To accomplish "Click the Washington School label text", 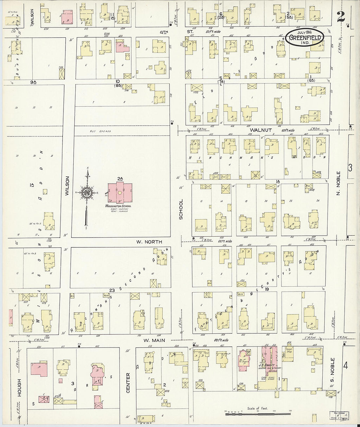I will click(118, 206).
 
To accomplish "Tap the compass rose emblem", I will click(87, 192).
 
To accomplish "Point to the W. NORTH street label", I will click(149, 242).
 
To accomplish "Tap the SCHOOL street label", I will click(181, 209).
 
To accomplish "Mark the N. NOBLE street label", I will click(339, 183).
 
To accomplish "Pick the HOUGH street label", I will click(19, 388).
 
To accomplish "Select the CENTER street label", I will click(128, 383).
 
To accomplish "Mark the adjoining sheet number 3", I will click(350, 168).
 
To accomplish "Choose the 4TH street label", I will click(164, 32).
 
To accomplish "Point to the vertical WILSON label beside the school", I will click(67, 186).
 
